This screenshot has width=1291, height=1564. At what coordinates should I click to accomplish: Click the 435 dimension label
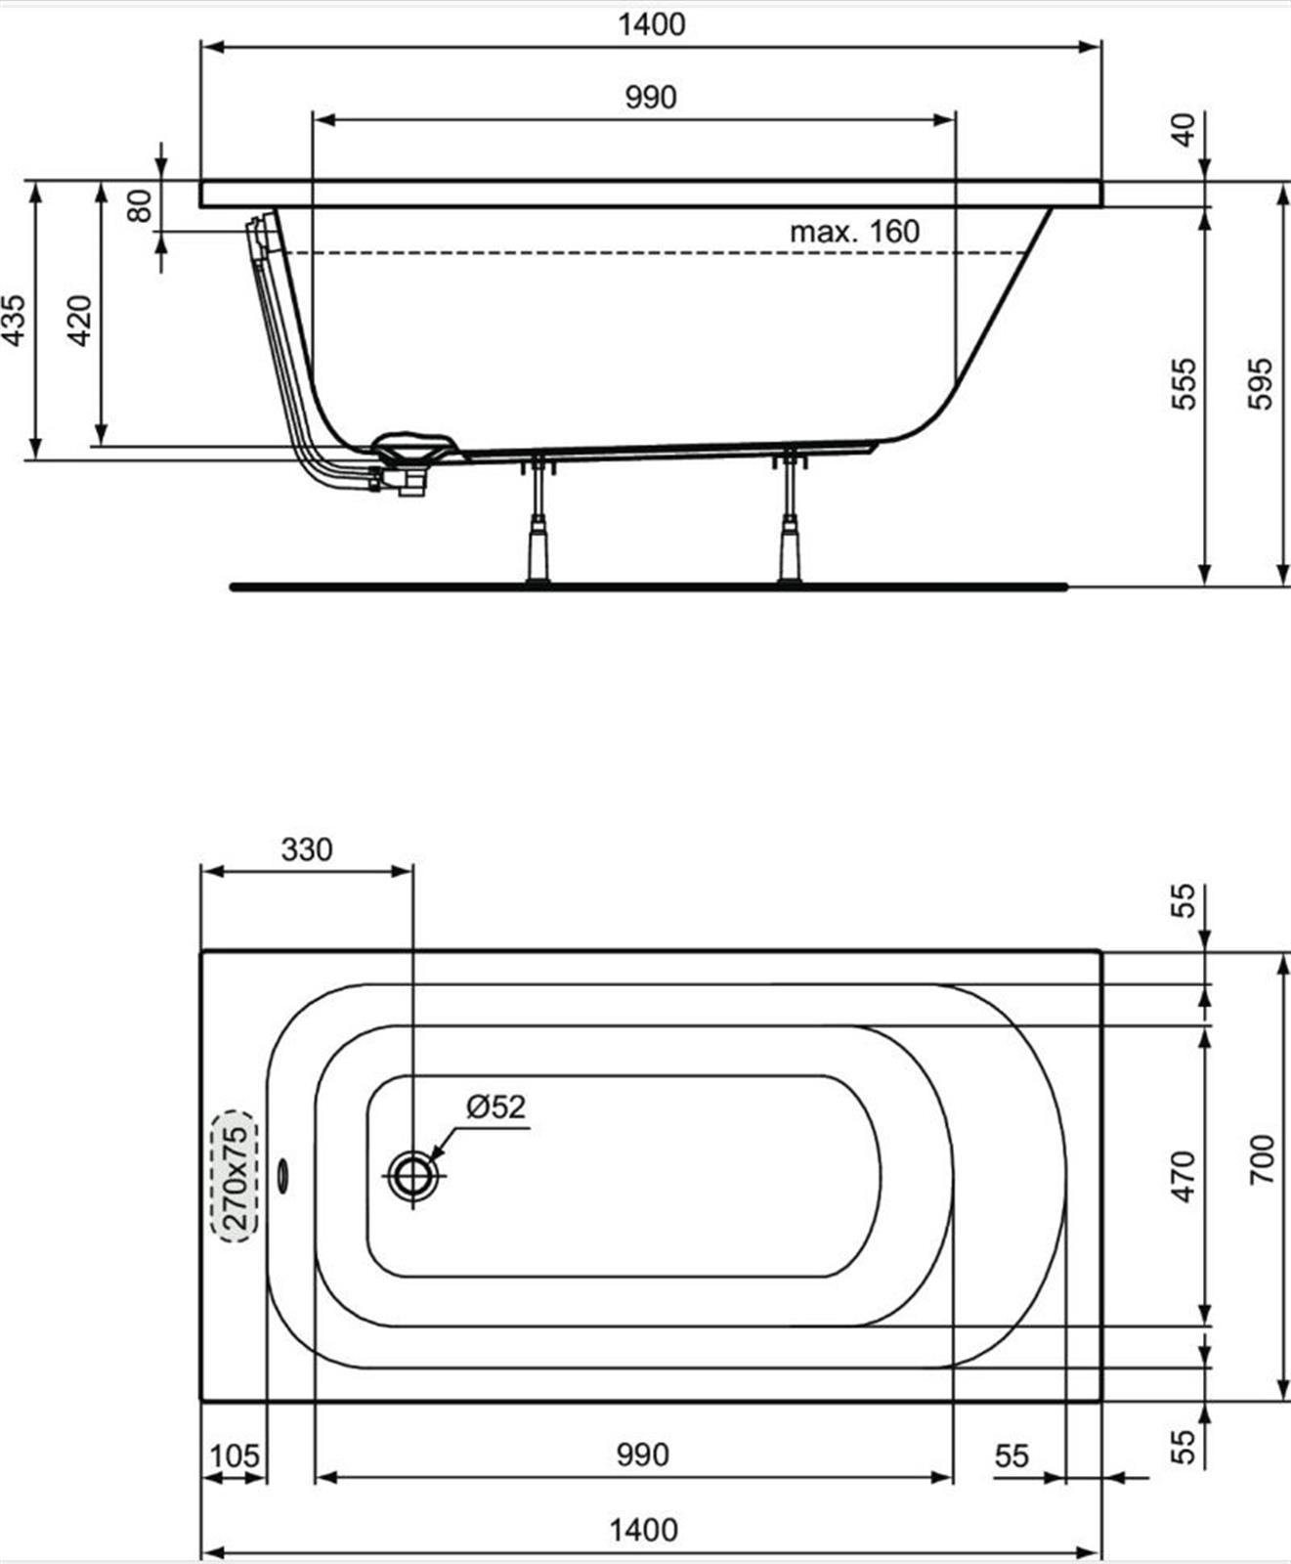[15, 320]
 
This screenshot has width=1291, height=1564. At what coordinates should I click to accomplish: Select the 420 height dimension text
[80, 320]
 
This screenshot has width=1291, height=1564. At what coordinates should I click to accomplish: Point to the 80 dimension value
[141, 205]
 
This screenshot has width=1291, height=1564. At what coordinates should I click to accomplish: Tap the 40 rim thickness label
[1183, 130]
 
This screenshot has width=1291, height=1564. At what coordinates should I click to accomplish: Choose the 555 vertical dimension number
[1183, 384]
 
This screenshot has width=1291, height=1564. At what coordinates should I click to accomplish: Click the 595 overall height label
[1262, 384]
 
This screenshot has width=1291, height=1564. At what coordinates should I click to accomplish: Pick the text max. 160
[855, 232]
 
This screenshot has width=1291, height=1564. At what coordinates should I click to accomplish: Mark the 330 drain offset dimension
[307, 849]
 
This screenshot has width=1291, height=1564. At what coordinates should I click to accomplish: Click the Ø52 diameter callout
[496, 1107]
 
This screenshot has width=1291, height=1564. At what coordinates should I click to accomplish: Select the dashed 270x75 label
[235, 1176]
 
